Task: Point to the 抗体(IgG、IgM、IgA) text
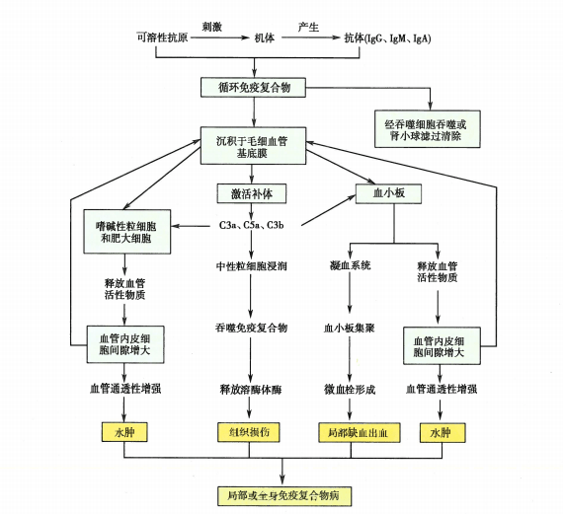coord(387,39)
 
